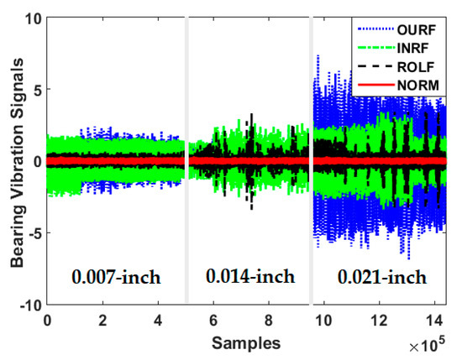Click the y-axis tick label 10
pyautogui.click(x=30, y=18)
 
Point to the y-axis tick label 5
pyautogui.click(x=34, y=89)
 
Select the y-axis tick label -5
pyautogui.click(x=32, y=232)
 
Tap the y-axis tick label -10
pyautogui.click(x=27, y=304)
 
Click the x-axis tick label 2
pyautogui.click(x=102, y=320)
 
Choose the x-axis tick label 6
pyautogui.click(x=213, y=320)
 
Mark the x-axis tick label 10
pyautogui.click(x=323, y=320)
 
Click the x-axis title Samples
pyautogui.click(x=239, y=343)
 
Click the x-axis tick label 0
pyautogui.click(x=47, y=320)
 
